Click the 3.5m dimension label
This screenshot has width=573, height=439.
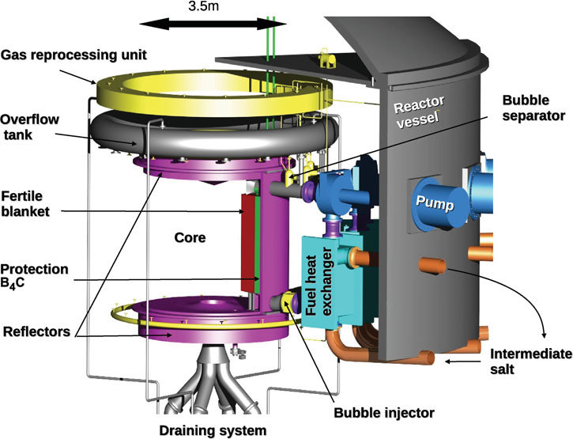click(203, 6)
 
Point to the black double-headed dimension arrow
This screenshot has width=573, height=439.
click(213, 25)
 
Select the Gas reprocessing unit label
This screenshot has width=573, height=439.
click(74, 55)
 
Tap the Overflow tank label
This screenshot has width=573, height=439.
click(29, 127)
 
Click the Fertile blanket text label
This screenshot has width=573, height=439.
click(25, 204)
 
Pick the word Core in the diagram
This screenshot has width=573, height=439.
click(190, 238)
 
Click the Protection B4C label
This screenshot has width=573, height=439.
click(34, 276)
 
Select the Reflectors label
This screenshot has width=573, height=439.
click(36, 331)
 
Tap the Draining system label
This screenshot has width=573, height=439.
click(213, 430)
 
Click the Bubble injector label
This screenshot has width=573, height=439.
click(384, 413)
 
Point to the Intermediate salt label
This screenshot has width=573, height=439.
click(531, 361)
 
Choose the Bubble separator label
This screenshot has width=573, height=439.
click(533, 108)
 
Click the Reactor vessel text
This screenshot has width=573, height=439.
click(419, 112)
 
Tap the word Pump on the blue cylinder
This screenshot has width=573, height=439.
click(435, 203)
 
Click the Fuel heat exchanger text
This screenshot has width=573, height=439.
click(319, 282)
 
